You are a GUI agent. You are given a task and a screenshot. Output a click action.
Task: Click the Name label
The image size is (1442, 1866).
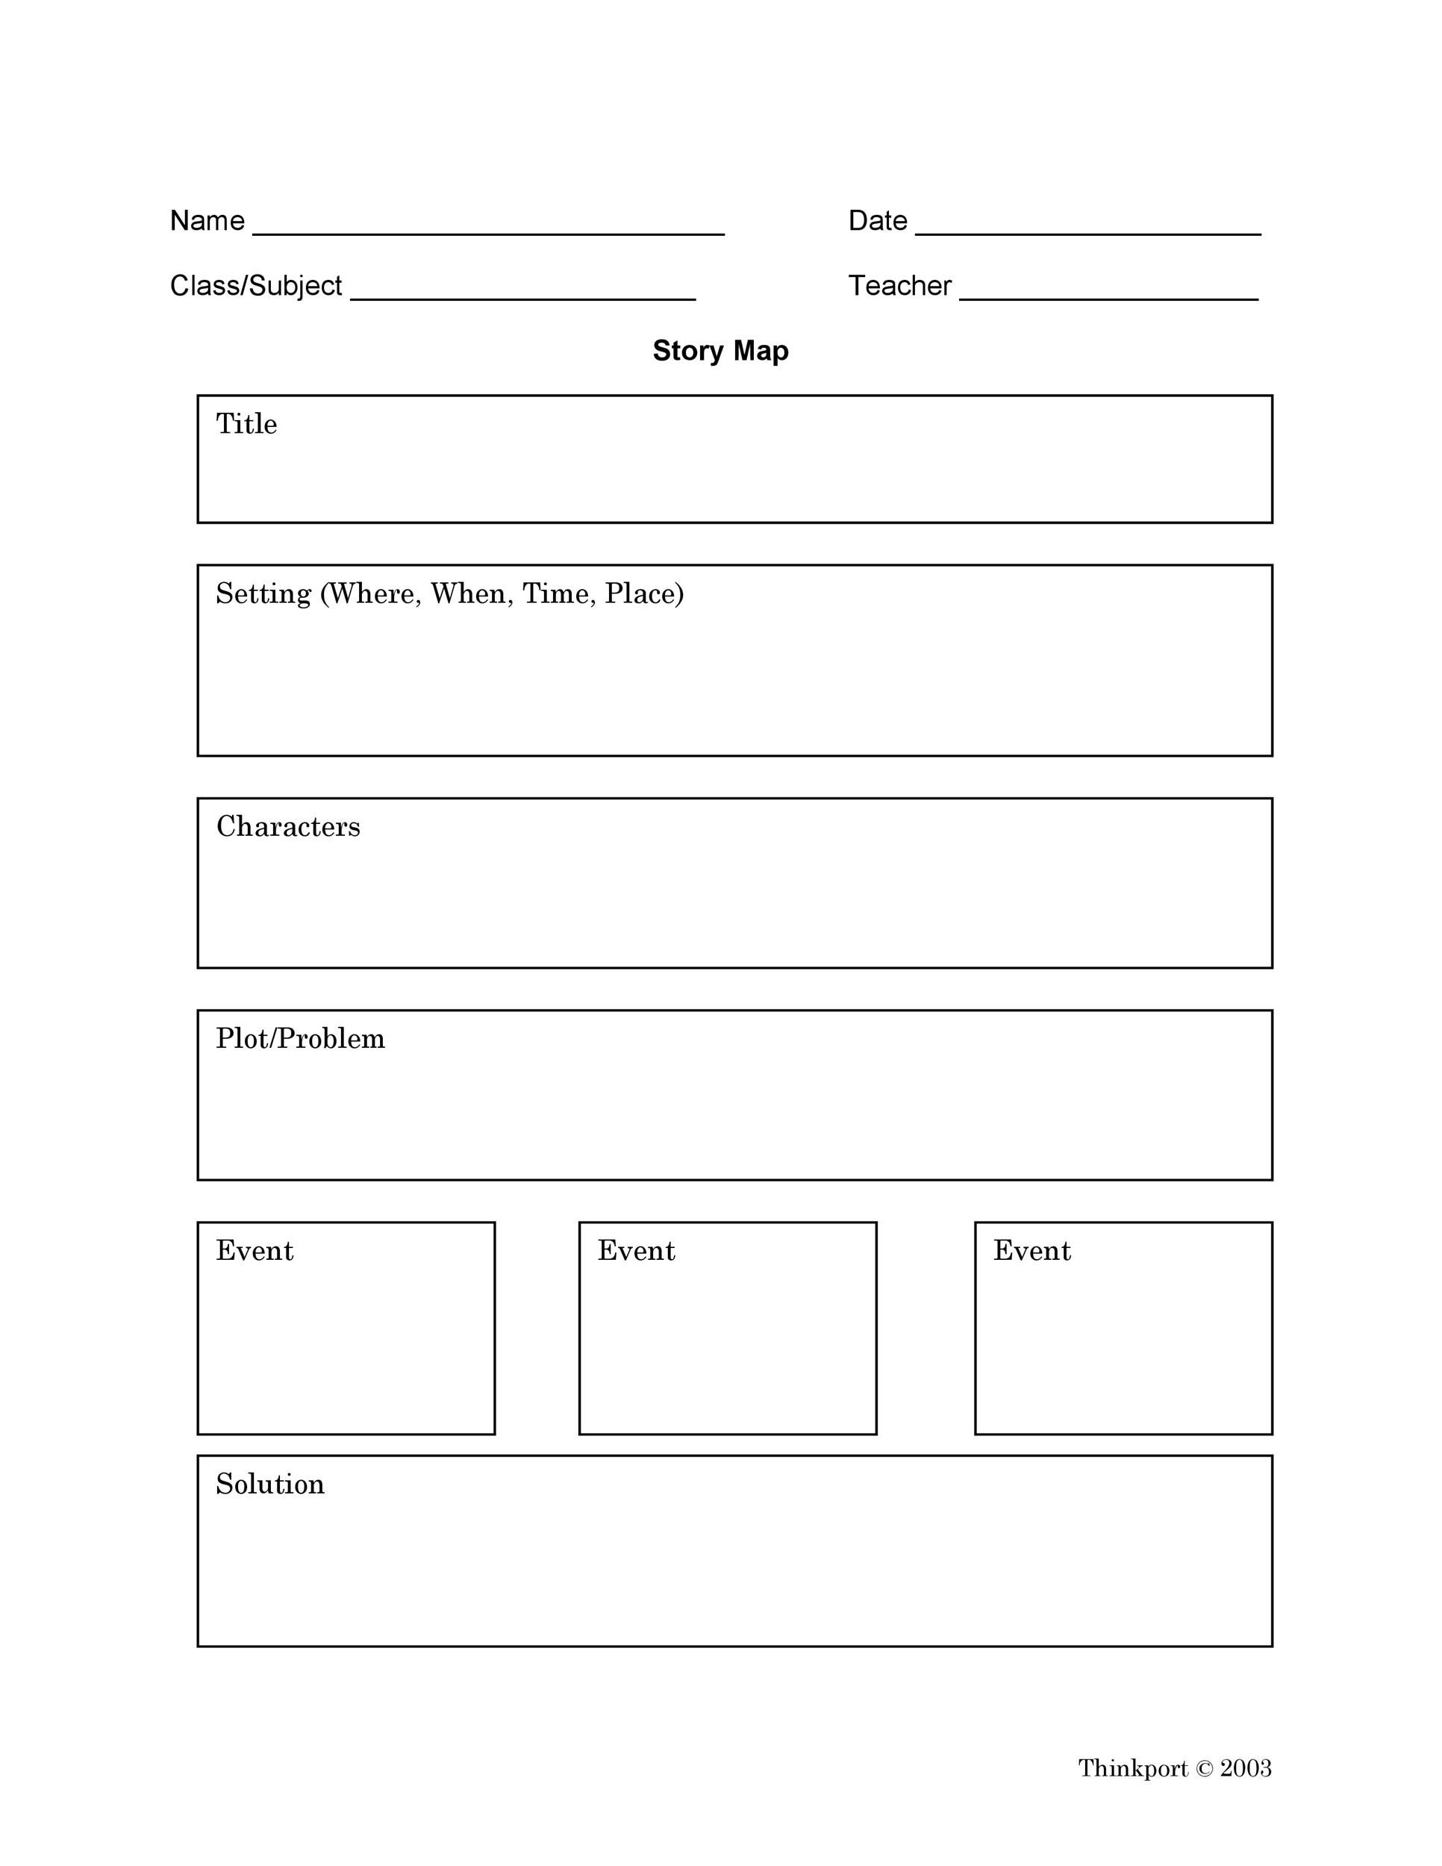click(x=207, y=220)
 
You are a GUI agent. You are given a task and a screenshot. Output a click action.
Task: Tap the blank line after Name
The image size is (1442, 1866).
click(x=489, y=232)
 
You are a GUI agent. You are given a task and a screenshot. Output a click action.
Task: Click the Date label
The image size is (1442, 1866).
click(x=877, y=220)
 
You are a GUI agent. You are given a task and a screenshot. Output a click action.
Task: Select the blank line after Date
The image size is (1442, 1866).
click(x=1087, y=232)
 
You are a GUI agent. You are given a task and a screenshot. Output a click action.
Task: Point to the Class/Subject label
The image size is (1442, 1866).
click(x=255, y=285)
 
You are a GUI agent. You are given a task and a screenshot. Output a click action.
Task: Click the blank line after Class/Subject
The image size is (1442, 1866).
click(x=522, y=298)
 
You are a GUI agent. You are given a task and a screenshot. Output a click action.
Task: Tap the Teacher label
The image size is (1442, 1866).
click(x=899, y=285)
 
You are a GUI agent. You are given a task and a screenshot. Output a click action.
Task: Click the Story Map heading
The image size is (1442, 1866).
click(x=720, y=350)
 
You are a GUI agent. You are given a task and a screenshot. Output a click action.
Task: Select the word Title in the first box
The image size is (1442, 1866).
click(x=246, y=424)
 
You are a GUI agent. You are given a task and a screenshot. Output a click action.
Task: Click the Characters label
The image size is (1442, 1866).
click(x=288, y=826)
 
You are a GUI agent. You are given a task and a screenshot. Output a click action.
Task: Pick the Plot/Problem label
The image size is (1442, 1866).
click(x=300, y=1038)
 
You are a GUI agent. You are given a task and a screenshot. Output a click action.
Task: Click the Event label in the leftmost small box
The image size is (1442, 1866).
click(x=255, y=1250)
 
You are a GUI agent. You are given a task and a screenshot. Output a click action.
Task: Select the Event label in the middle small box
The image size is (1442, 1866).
click(x=636, y=1250)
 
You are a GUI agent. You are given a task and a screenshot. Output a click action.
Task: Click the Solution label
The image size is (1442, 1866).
click(x=270, y=1483)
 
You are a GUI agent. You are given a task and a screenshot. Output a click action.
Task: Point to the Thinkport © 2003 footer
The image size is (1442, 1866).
click(x=1175, y=1767)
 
